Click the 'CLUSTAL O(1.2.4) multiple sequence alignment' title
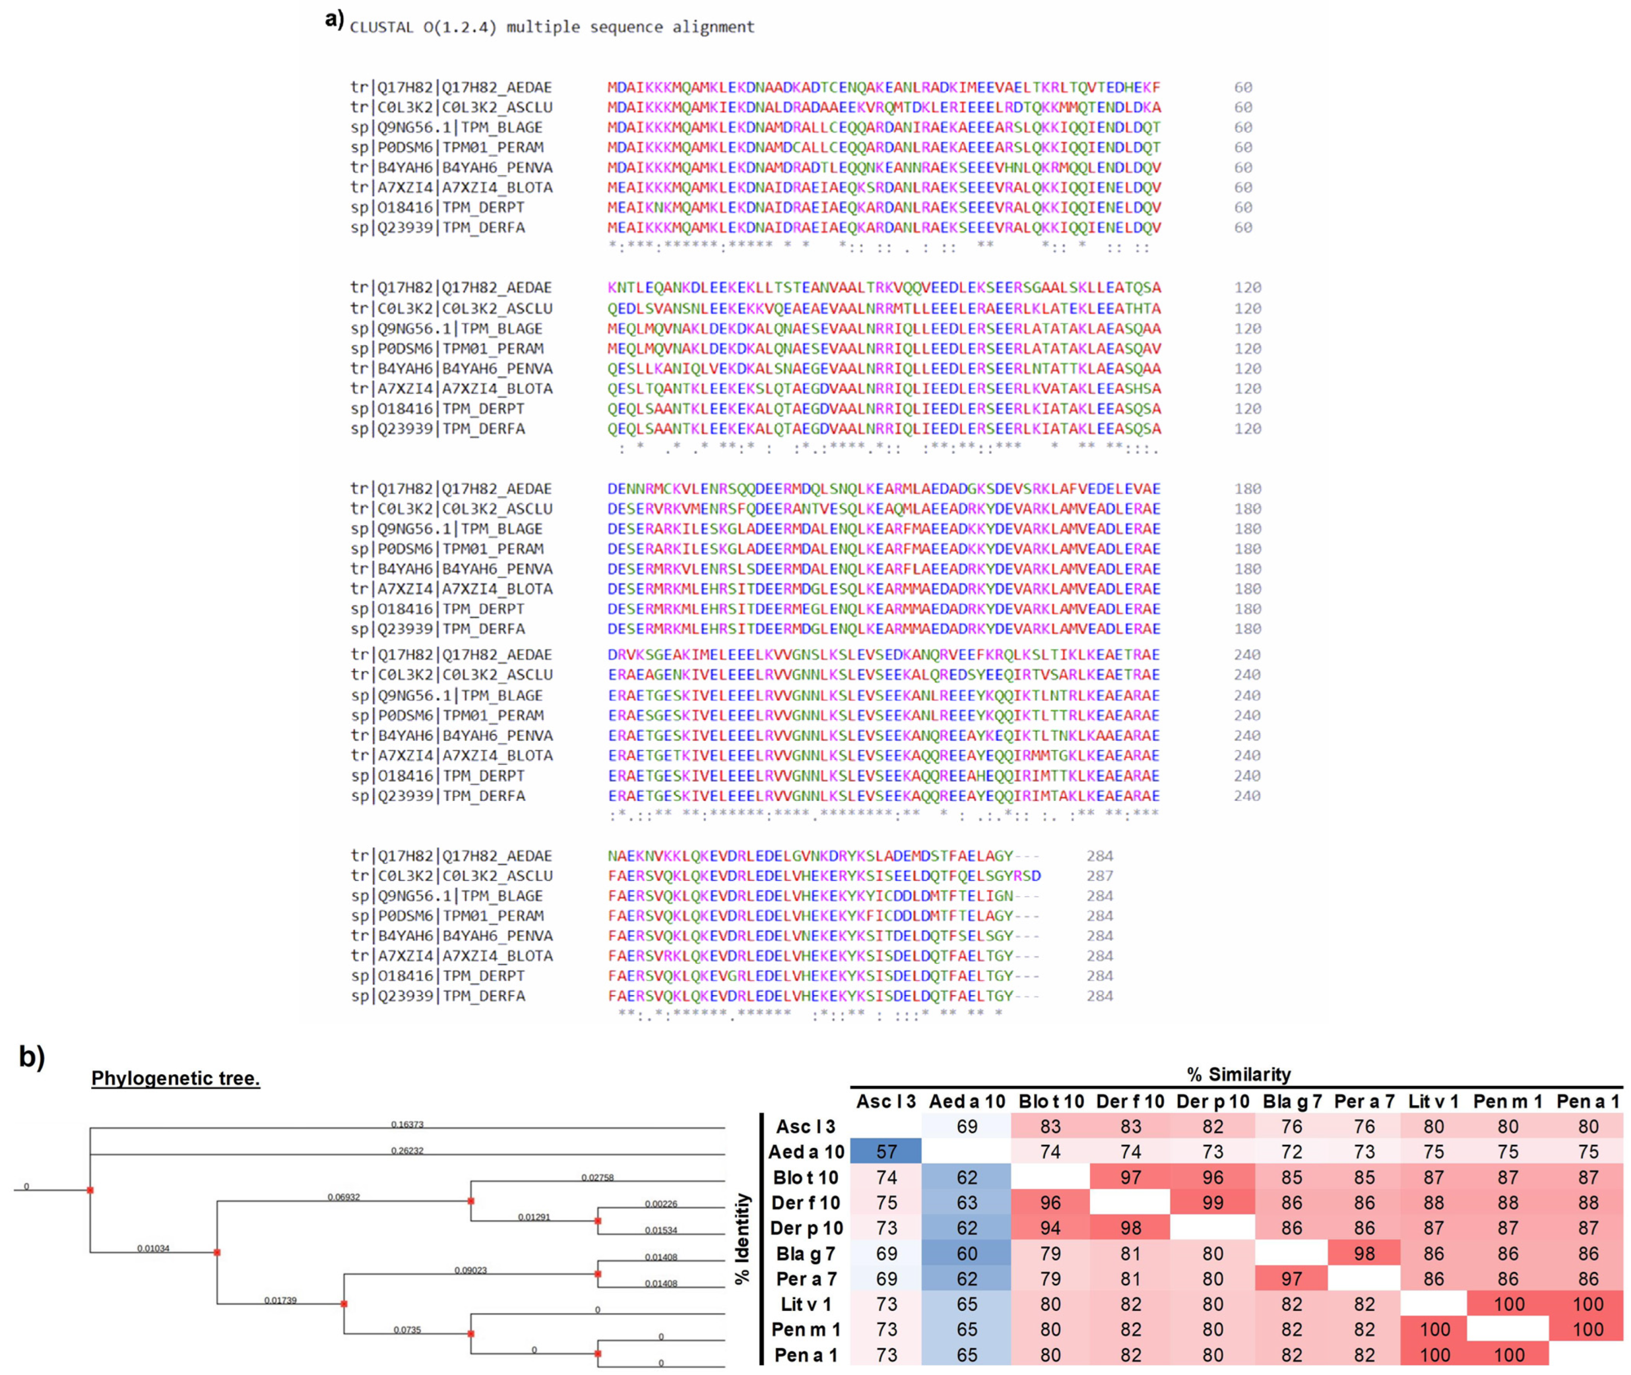coord(552,27)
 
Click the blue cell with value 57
coord(886,1151)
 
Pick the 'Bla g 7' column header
coord(1291,1102)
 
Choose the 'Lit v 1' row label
coord(806,1304)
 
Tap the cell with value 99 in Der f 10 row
coord(1212,1203)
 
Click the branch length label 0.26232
coord(407,1151)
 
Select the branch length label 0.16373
coord(407,1125)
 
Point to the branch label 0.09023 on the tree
coord(471,1271)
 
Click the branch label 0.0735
coord(407,1330)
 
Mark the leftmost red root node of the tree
coord(90,1190)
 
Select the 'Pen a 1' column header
coord(1587,1102)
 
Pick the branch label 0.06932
coord(344,1197)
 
